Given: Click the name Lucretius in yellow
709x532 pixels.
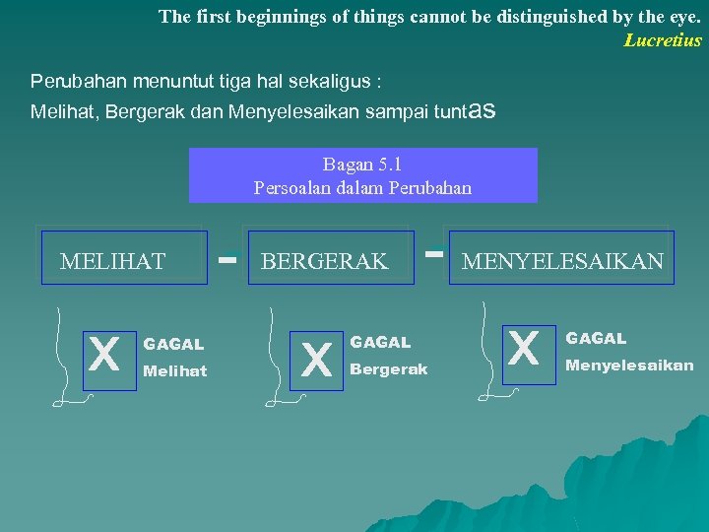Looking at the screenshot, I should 663,40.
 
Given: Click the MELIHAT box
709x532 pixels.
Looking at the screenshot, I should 123,260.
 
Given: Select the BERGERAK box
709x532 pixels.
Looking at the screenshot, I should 330,260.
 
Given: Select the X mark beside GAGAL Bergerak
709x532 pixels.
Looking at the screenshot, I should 316,358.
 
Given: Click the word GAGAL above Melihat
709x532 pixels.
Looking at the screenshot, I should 173,345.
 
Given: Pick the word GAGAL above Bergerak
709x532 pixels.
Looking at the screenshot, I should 380,343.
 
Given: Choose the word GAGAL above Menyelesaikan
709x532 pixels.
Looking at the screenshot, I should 595,339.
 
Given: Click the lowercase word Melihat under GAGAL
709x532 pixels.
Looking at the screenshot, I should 175,371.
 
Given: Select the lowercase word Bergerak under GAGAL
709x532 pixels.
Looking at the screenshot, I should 389,369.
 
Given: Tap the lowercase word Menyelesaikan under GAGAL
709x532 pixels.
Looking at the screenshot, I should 628,366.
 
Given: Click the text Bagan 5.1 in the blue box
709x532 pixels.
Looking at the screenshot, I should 362,165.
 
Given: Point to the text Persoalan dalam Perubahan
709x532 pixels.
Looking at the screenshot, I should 362,187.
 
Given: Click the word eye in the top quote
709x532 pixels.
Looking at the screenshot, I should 680,17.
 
